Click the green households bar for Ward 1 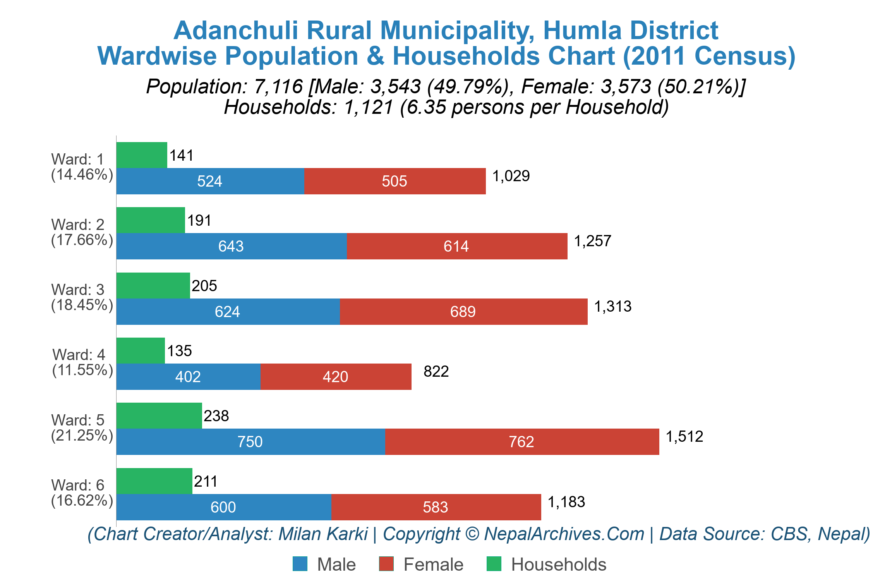tap(142, 155)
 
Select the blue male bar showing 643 tap(231, 246)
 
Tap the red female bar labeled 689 tap(463, 312)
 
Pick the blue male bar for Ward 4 tap(188, 377)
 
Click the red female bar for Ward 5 tap(522, 442)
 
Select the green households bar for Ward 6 tap(154, 481)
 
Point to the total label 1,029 tap(511, 176)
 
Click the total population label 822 tap(436, 372)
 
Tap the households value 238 tap(216, 416)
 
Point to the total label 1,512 tap(684, 437)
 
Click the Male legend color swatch tap(300, 564)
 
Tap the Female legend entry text tap(433, 564)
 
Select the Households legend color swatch tap(494, 564)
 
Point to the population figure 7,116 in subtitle tap(278, 86)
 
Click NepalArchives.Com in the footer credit tap(564, 534)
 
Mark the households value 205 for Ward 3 tap(204, 286)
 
